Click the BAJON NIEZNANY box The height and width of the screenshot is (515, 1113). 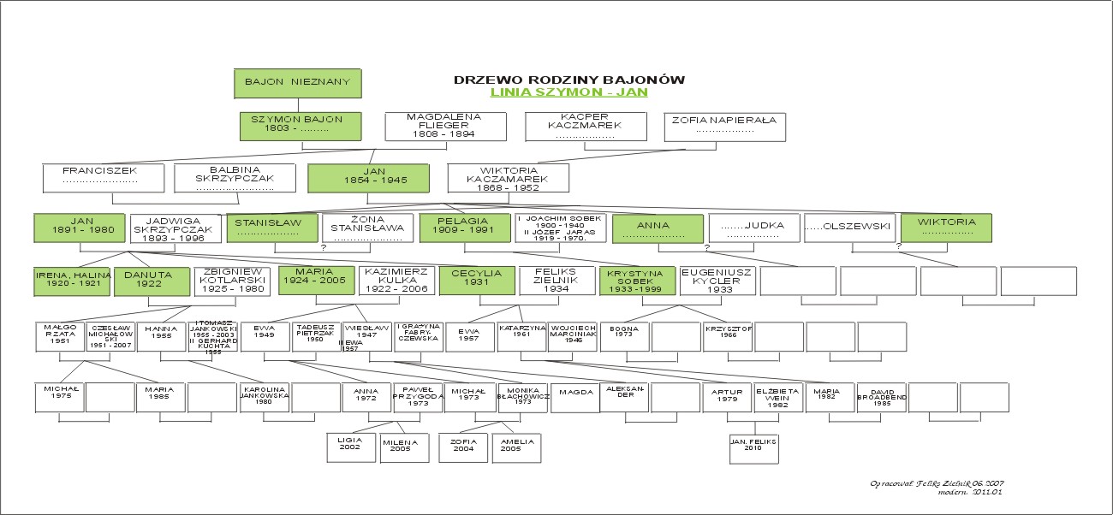[298, 83]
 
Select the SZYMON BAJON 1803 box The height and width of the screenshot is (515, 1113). [301, 126]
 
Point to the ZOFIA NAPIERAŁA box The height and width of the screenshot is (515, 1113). [724, 126]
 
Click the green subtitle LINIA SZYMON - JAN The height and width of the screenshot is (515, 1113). [568, 92]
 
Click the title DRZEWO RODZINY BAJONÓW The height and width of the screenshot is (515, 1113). [568, 80]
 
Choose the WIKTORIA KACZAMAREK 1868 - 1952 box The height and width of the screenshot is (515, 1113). [509, 178]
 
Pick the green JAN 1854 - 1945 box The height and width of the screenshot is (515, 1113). [368, 178]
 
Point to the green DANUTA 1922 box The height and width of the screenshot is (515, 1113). [150, 281]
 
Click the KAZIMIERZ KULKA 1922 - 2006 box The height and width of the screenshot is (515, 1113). [395, 281]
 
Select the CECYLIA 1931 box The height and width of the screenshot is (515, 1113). [476, 281]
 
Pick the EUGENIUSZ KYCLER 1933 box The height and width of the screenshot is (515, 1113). [717, 281]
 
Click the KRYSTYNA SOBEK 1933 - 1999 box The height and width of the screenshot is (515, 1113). [636, 281]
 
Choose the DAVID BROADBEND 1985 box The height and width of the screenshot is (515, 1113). [882, 398]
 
